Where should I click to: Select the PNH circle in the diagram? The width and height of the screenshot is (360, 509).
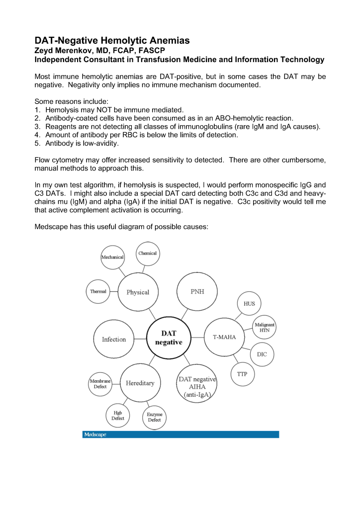(x=197, y=292)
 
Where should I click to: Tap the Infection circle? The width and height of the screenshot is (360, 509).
(x=114, y=339)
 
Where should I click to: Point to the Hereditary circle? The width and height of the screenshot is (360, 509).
(x=140, y=383)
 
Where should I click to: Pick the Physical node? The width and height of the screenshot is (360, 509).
(x=138, y=292)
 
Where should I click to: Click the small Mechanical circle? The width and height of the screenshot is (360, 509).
(x=112, y=257)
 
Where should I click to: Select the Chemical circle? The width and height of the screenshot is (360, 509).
(x=147, y=254)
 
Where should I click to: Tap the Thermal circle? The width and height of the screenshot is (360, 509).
(x=98, y=291)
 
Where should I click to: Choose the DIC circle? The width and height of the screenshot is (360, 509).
(x=262, y=354)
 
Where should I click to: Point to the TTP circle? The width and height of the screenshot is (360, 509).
(x=242, y=374)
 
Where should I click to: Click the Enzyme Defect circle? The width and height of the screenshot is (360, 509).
(x=154, y=417)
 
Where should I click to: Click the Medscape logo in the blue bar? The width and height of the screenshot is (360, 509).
(x=94, y=434)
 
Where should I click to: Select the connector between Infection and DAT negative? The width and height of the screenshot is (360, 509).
(x=140, y=339)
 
